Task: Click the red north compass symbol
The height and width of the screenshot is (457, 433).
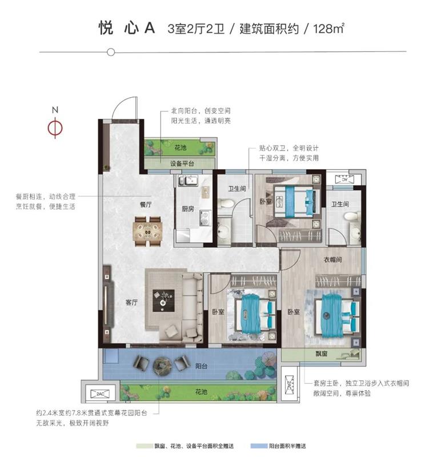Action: (x=55, y=127)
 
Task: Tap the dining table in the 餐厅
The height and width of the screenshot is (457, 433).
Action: (x=147, y=231)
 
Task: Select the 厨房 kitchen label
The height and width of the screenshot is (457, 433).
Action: (x=188, y=209)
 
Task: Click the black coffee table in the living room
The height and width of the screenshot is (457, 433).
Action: (x=163, y=300)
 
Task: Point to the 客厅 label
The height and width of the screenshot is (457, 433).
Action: (x=131, y=303)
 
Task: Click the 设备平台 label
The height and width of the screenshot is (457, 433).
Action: (x=182, y=163)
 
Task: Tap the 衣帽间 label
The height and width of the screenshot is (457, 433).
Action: (x=333, y=259)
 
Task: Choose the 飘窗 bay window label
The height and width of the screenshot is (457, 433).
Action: (x=322, y=354)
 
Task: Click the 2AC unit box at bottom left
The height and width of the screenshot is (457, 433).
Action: (x=100, y=394)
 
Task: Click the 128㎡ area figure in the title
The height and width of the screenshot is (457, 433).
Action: (x=328, y=29)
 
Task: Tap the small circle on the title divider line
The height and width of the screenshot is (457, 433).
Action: (x=111, y=52)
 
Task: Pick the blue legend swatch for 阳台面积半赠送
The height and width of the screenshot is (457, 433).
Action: (x=259, y=446)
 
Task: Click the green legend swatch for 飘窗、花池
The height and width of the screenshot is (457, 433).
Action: (x=145, y=446)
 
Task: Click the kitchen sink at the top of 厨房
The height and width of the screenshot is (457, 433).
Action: (x=189, y=181)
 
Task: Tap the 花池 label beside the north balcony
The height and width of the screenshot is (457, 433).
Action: (x=181, y=148)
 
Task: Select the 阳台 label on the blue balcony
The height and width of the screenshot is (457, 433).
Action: (x=201, y=366)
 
